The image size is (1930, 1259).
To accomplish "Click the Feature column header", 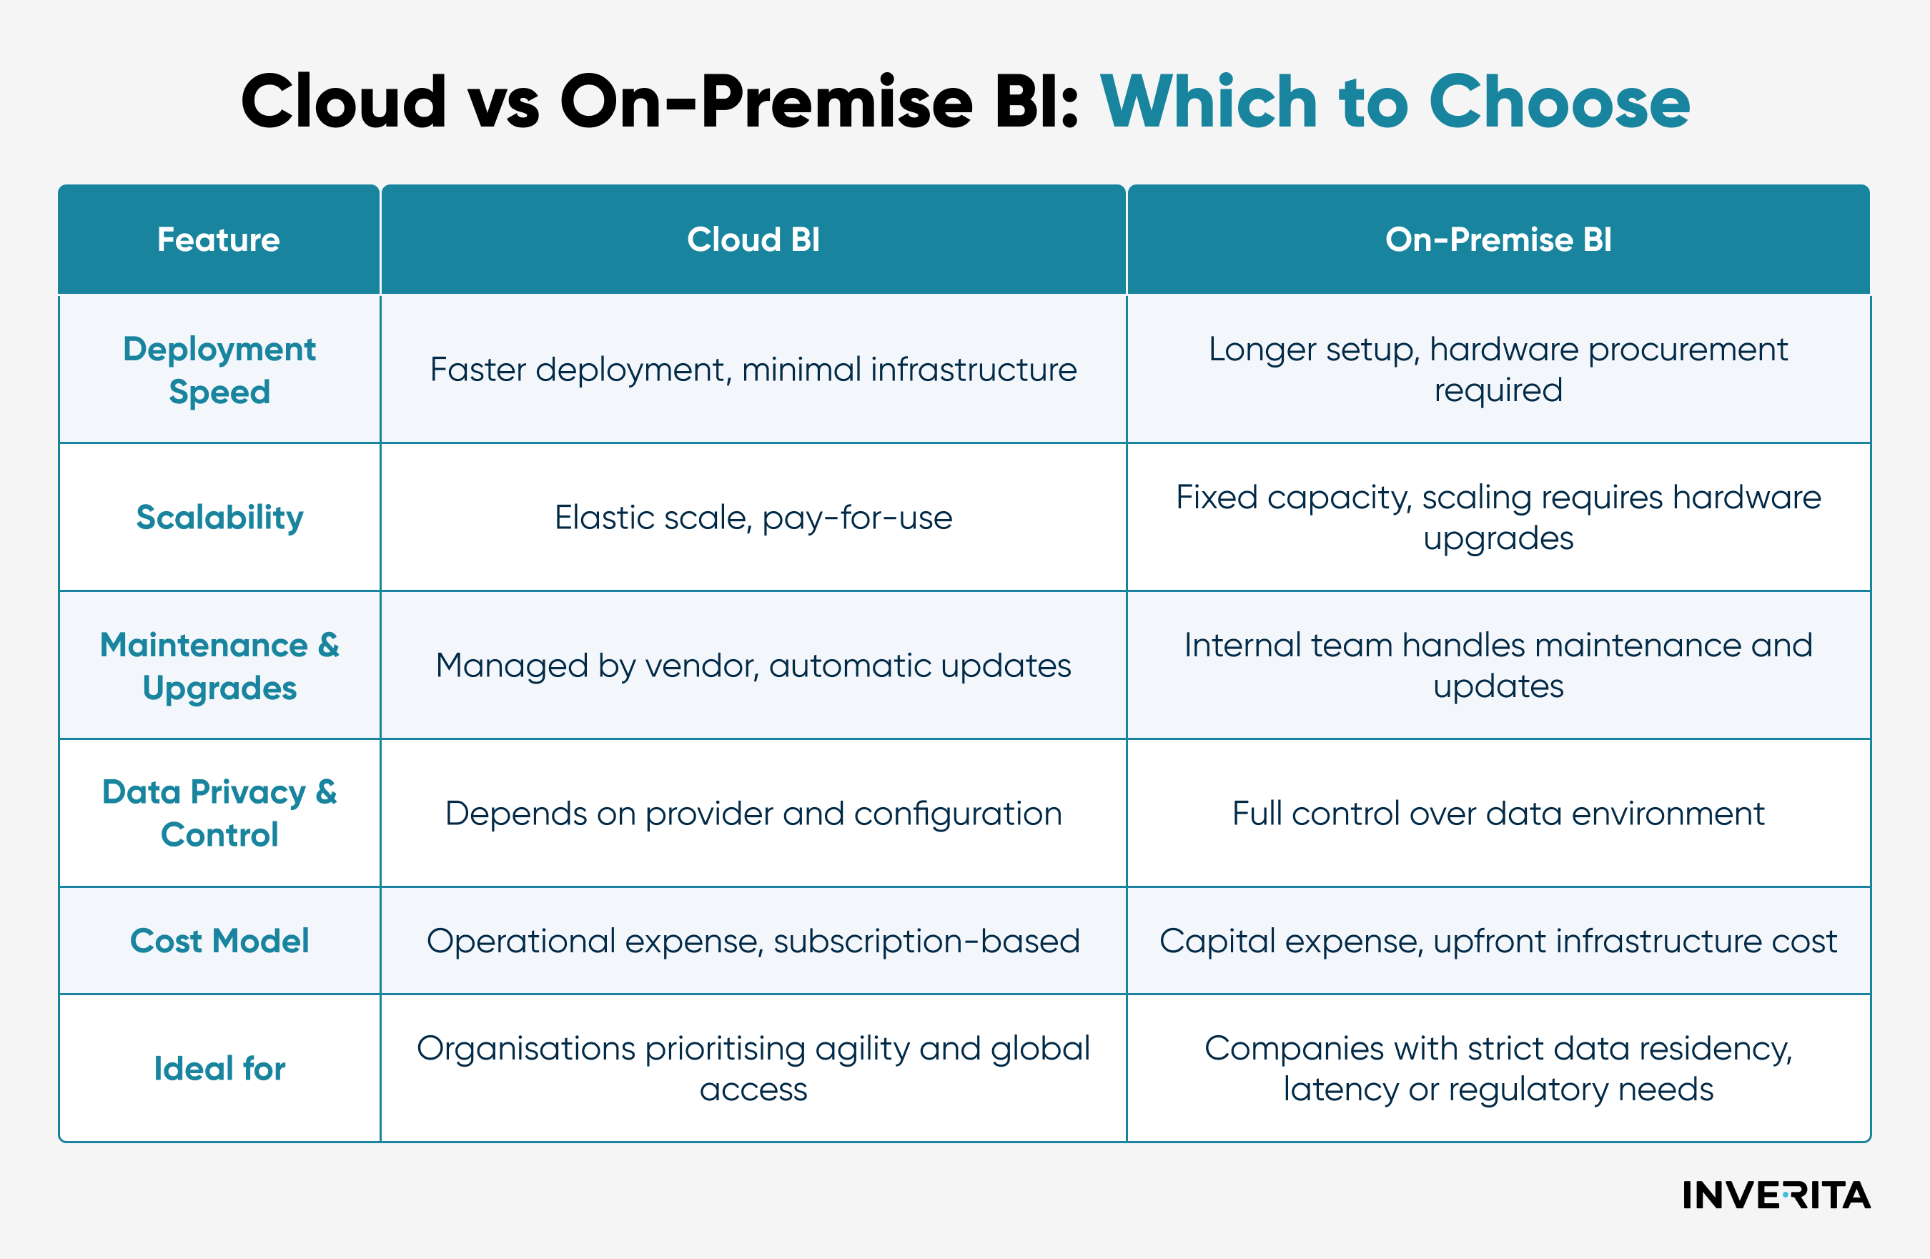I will [218, 240].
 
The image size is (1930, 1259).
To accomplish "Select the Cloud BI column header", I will [753, 240].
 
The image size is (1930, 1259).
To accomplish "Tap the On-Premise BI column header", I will [1498, 240].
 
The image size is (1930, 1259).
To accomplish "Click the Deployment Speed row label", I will [219, 370].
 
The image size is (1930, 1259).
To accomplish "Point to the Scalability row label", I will [219, 518].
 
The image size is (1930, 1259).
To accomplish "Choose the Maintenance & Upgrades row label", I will [219, 666].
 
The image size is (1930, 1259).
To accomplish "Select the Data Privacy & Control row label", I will [219, 813].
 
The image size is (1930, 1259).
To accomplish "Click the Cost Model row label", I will [219, 941].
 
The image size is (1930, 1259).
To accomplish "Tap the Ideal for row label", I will [219, 1068].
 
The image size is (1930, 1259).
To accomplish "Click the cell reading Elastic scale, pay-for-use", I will [753, 518].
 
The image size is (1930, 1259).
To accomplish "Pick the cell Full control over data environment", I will [1498, 814].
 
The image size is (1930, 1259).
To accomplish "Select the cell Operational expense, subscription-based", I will [753, 941].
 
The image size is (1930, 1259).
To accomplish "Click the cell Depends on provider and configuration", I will [753, 814].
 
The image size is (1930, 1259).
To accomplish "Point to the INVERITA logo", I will [1776, 1195].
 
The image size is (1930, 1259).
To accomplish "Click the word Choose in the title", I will [1558, 102].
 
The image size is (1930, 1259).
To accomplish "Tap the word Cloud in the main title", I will [343, 102].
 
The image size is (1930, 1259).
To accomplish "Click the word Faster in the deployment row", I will [477, 370].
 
